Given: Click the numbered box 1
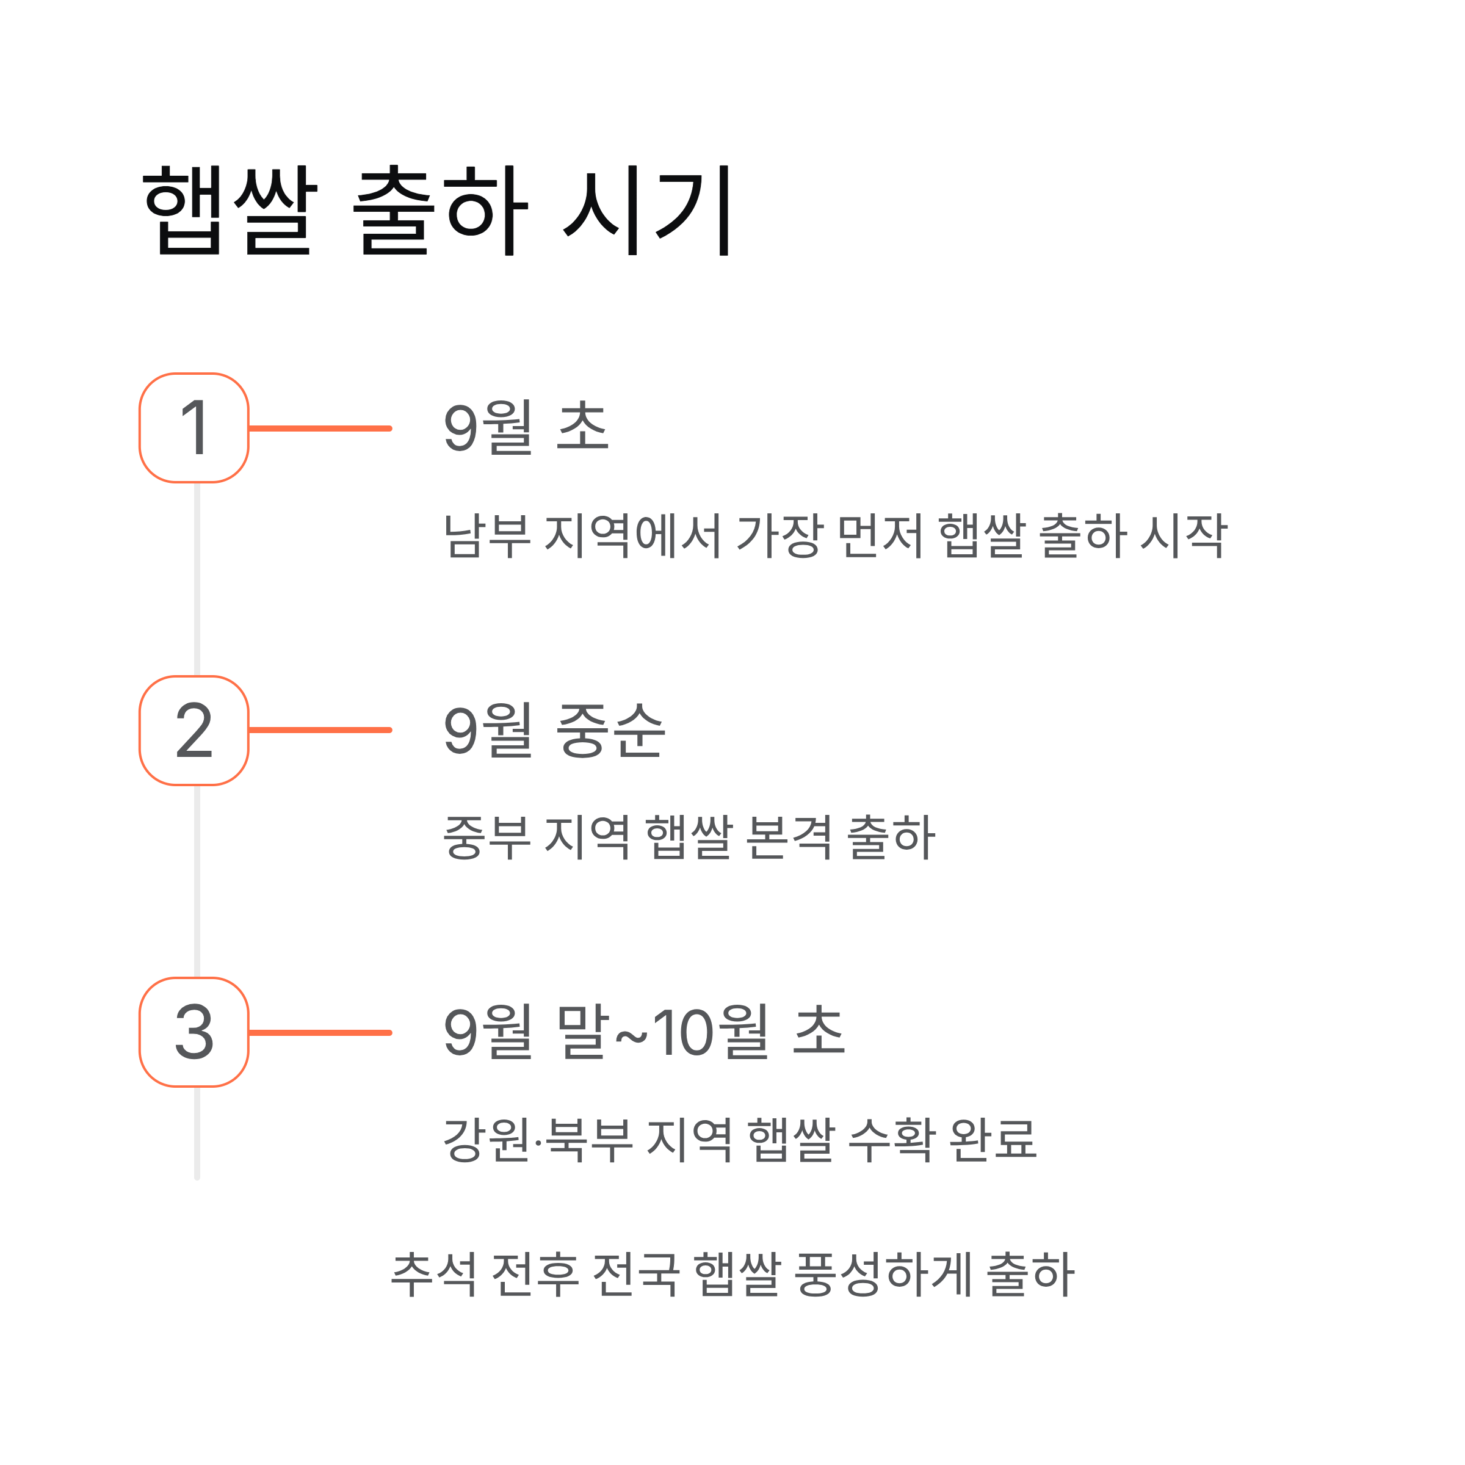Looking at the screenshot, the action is pos(194,428).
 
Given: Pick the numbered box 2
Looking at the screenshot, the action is pos(194,730).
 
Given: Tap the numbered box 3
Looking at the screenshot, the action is pos(194,1032).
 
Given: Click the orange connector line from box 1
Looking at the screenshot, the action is pos(320,429).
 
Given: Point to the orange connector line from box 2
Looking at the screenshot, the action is pos(320,730).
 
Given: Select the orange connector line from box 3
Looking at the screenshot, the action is pos(320,1033).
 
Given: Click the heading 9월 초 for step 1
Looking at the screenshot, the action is pos(526,428).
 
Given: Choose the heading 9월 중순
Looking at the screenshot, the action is pos(554,730).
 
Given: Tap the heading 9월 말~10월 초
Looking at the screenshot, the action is pos(644,1032).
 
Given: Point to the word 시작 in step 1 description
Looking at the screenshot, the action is pos(1184,536).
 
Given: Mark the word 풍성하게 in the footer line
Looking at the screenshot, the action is pos(883,1275).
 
